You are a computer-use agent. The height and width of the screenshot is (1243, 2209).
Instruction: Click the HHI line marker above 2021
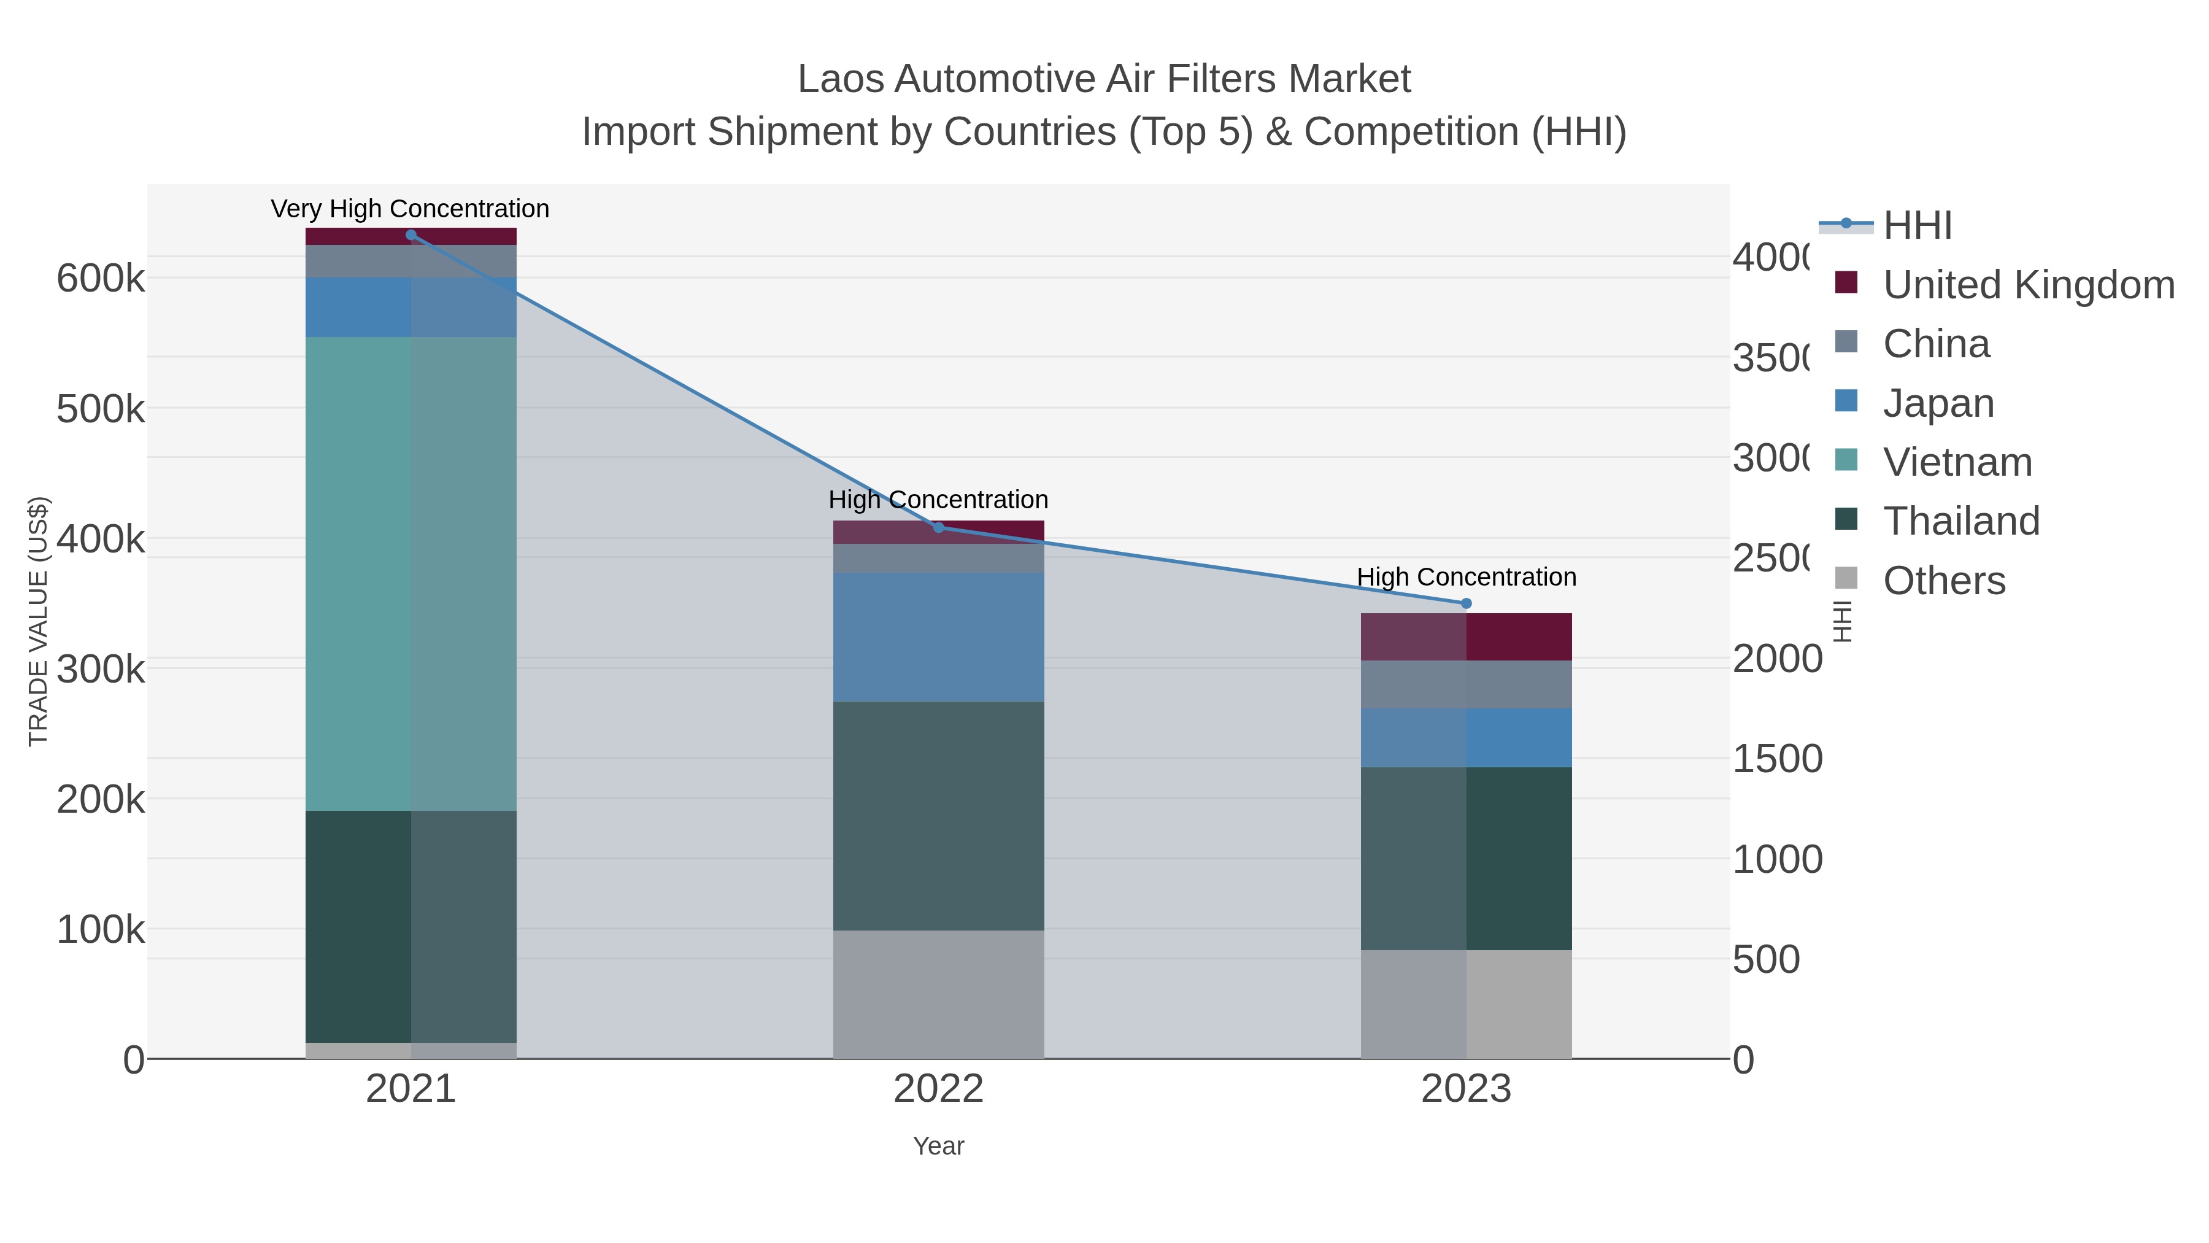[x=411, y=235]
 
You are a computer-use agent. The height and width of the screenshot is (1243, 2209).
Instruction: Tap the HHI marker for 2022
[x=938, y=527]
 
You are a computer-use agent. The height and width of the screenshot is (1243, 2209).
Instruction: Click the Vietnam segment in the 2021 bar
[x=411, y=573]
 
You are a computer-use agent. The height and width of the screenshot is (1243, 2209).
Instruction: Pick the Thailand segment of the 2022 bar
[x=938, y=815]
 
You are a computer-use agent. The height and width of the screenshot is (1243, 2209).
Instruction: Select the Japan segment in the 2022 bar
[x=938, y=637]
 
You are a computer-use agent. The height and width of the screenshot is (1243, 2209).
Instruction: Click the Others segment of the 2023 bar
[x=1465, y=1004]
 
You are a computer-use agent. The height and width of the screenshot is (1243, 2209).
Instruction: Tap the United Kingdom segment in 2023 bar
[x=1465, y=637]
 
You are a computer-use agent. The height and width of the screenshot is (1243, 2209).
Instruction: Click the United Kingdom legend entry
[x=2028, y=285]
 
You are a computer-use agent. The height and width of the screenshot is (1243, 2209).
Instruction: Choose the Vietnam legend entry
[x=1957, y=462]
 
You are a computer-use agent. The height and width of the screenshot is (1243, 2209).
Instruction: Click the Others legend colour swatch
[x=1846, y=579]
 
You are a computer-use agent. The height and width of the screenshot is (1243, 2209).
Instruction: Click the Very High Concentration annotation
[x=410, y=209]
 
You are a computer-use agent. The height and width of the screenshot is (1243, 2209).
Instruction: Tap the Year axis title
[x=938, y=1146]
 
